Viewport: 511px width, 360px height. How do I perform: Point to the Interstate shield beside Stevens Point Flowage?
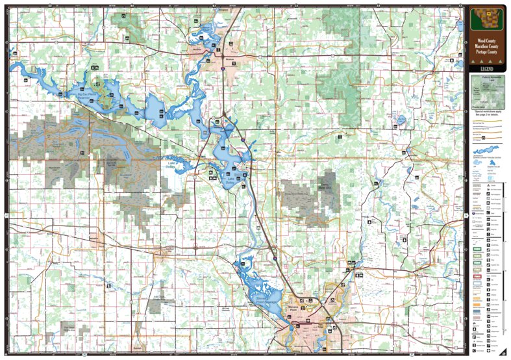tap(275, 259)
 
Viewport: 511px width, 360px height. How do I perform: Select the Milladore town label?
tap(97, 238)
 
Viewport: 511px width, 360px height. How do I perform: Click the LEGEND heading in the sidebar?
tap(486, 68)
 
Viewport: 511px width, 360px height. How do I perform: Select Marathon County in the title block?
tap(486, 47)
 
